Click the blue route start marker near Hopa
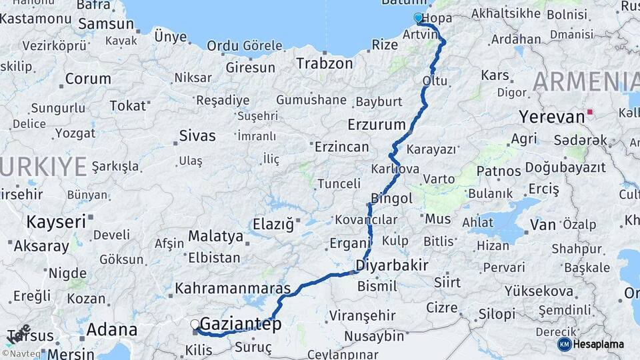418,18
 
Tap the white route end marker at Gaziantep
195,325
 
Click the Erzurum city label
377,125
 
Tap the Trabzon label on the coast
324,64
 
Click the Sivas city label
197,136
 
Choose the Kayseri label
56,221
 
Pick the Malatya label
215,236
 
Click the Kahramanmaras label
233,289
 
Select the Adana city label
111,329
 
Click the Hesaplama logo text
599,345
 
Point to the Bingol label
392,199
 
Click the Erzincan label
341,147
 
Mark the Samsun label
106,24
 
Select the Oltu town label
435,81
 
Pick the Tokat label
127,105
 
